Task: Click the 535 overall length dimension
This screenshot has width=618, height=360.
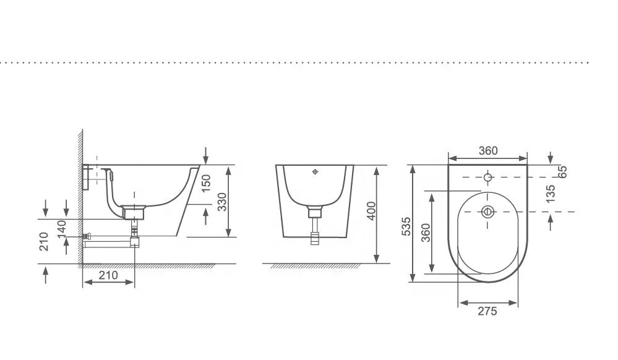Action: point(406,226)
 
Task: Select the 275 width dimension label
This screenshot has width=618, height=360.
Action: point(487,311)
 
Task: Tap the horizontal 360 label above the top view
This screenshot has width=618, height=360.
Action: point(488,151)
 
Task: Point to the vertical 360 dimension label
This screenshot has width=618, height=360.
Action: point(426,233)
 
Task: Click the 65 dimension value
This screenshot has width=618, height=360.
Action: point(562,171)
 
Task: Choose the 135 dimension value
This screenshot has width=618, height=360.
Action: point(551,194)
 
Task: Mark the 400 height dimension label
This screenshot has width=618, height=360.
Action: point(371,212)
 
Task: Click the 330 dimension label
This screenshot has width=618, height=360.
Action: point(222,202)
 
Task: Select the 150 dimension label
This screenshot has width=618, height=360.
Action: point(206,183)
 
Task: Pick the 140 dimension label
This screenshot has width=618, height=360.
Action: point(62,229)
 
